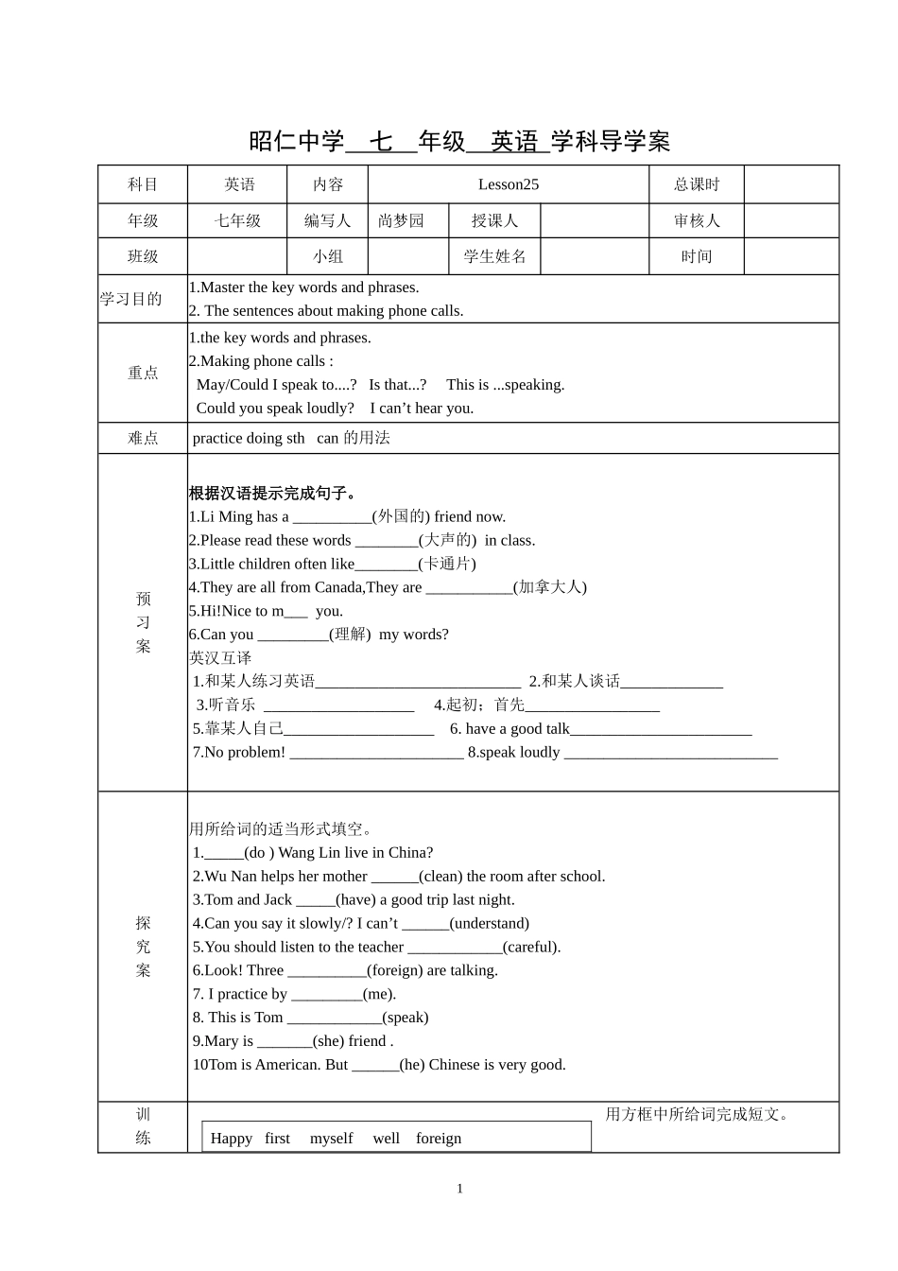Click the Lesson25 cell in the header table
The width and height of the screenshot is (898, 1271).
(x=508, y=184)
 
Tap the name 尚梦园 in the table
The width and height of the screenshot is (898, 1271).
(x=401, y=220)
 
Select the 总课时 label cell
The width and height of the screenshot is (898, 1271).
(x=696, y=184)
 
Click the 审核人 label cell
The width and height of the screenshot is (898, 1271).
(x=696, y=220)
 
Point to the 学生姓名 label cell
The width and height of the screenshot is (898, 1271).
(x=494, y=256)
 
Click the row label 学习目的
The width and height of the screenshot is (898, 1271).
(x=131, y=299)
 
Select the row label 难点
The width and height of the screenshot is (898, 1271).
(x=143, y=438)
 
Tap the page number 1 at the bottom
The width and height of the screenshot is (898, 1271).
(x=459, y=1189)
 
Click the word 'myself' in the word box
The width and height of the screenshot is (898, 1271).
(x=331, y=1138)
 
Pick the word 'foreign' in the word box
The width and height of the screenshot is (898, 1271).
(x=439, y=1138)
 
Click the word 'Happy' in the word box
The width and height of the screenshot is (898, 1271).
(x=231, y=1138)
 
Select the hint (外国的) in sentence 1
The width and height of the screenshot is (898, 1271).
(x=401, y=516)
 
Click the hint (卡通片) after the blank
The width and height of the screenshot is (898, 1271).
(x=447, y=564)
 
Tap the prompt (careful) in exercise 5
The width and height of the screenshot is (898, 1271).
(x=531, y=947)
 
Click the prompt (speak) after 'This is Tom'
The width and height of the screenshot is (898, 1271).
(x=406, y=1018)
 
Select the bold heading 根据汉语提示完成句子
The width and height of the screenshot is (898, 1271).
(x=272, y=493)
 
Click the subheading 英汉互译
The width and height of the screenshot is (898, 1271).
(x=220, y=657)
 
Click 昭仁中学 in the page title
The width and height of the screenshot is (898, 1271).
(x=296, y=142)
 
